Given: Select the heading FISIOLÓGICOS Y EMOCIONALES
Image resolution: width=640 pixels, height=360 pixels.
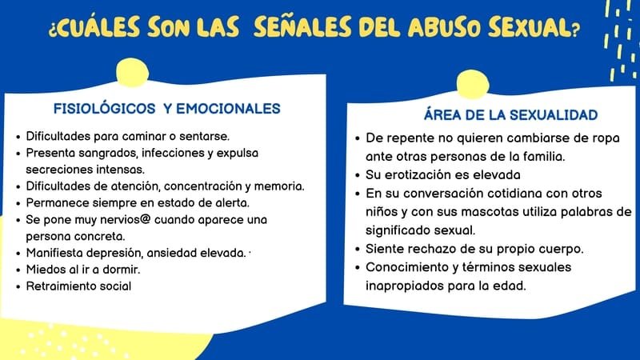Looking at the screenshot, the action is [x=167, y=109].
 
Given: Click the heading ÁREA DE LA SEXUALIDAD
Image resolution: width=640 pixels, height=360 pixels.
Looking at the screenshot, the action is [x=510, y=114].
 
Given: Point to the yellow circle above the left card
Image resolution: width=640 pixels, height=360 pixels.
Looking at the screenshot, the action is [x=132, y=73].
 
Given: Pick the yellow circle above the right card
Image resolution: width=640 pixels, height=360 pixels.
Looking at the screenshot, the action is [x=473, y=85].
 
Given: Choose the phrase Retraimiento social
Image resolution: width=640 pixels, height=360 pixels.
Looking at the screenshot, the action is [x=78, y=286].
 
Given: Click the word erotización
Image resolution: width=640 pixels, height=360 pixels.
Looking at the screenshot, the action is [x=426, y=174].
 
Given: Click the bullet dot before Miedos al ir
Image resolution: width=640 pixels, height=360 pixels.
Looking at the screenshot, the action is [x=18, y=270].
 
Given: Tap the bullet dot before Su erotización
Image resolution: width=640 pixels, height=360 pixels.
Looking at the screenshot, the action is [x=358, y=175].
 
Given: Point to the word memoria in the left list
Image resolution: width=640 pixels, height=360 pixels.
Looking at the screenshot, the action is [x=279, y=186].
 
